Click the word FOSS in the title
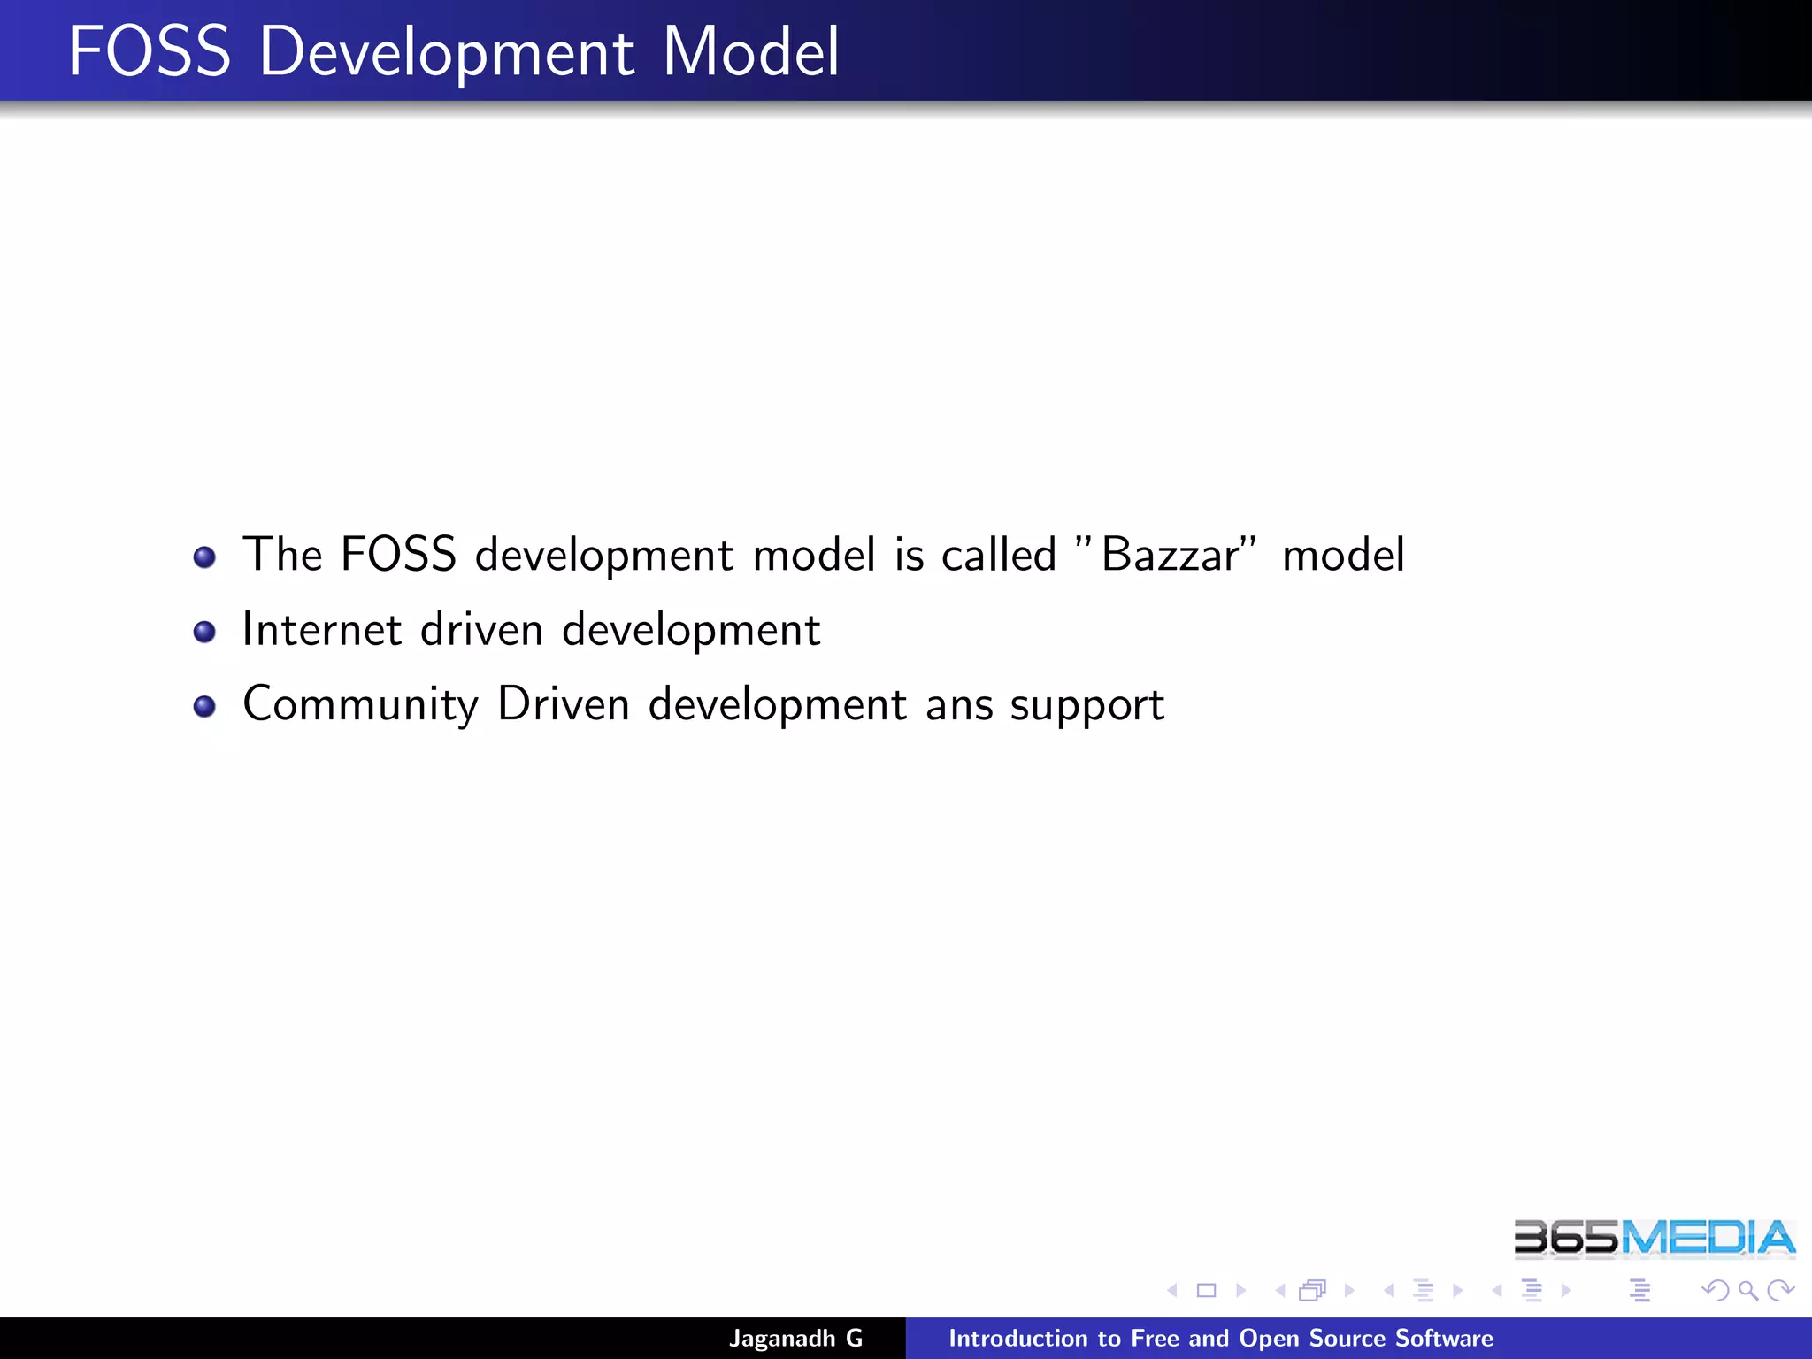(149, 51)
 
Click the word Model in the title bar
(750, 51)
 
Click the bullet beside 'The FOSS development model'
(204, 557)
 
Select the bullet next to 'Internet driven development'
(204, 632)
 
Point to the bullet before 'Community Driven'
(204, 706)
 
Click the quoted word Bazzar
(1170, 556)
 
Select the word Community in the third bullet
(360, 705)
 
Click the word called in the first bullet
(998, 556)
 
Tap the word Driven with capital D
(563, 704)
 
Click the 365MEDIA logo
(1654, 1238)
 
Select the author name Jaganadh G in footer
(795, 1338)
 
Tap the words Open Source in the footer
(1312, 1338)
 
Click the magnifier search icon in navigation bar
(1747, 1290)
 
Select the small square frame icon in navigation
(1206, 1290)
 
